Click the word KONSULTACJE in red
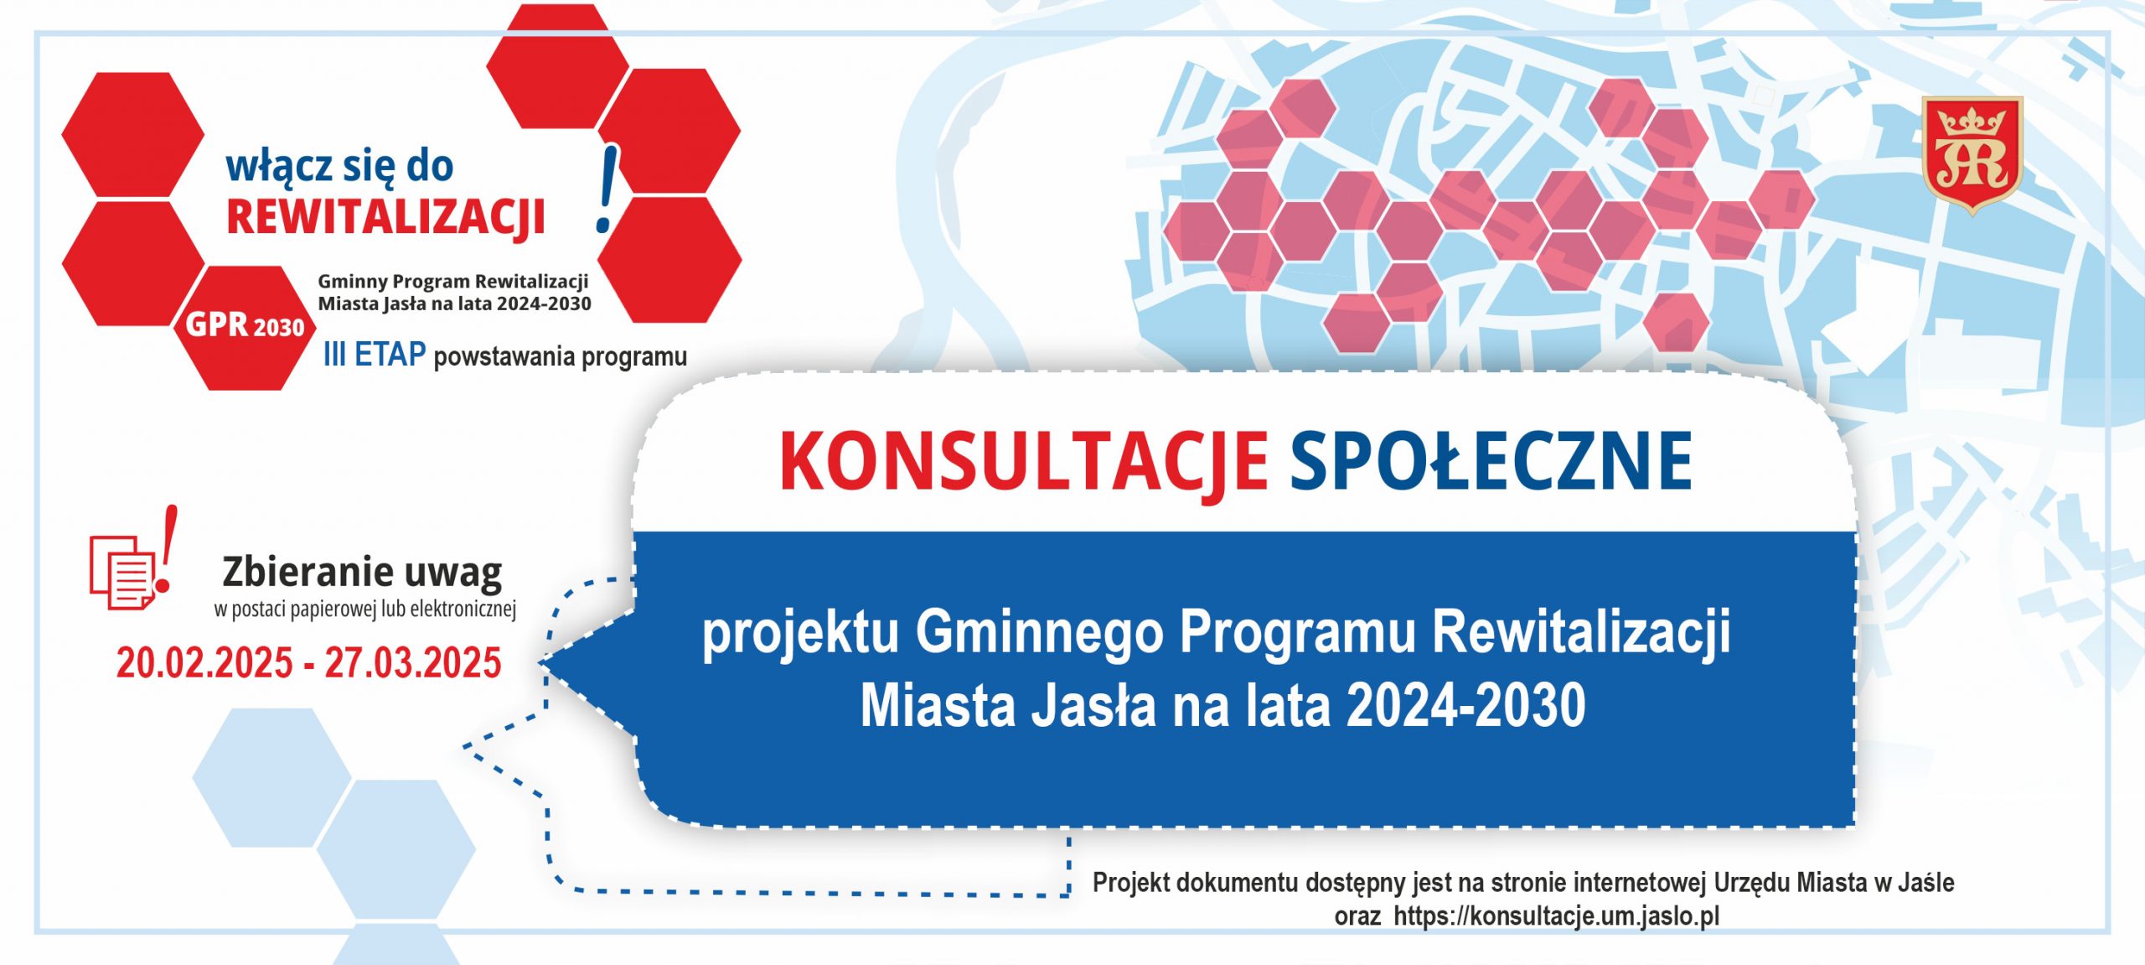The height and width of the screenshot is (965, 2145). click(1023, 463)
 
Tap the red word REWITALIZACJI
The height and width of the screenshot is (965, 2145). click(386, 218)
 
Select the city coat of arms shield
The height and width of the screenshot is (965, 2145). click(1972, 155)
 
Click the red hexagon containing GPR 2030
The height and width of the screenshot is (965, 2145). click(244, 327)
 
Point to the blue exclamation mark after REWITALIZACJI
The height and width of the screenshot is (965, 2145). click(607, 189)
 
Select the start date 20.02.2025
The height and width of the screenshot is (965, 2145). click(204, 663)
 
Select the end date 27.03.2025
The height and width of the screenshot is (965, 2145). click(413, 663)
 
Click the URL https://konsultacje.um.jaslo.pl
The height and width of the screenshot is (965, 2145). click(1556, 916)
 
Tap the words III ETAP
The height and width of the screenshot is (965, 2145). click(375, 355)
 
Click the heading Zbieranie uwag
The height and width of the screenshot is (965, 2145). click(362, 573)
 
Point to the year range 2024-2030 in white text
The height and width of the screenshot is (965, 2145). click(1465, 705)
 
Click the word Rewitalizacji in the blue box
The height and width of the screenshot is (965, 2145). click(1581, 632)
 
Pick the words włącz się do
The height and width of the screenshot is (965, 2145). click(340, 167)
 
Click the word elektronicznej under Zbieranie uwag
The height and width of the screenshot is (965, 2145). click(463, 610)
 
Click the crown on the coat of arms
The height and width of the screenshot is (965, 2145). click(1972, 122)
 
